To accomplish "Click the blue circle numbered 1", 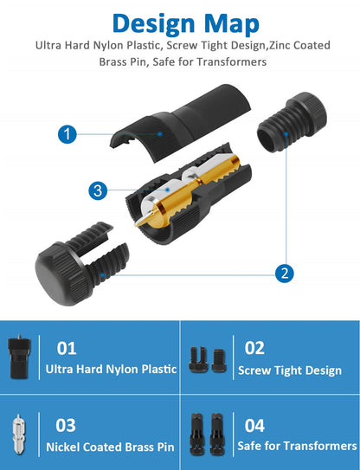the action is pos(67,134).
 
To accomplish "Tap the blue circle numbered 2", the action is pos(284,273).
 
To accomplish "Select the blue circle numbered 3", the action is pos(98,190).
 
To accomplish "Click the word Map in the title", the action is pos(232,23).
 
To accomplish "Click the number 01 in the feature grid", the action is pos(67,348).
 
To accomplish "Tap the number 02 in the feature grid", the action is pos(254,348).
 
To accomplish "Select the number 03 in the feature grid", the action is pos(66,425).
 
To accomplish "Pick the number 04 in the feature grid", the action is pos(254,426).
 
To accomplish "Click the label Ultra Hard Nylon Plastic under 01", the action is pos(111,369).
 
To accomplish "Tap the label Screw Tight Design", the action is pos(290,370).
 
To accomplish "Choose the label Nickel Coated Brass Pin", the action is pos(110,447).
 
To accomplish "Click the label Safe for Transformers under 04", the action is pos(297,446).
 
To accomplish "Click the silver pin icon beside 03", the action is pos(19,434).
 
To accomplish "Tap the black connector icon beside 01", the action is pos(20,357).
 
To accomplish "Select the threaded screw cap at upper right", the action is pos(292,122).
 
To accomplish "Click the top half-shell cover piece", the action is pos(181,123).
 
